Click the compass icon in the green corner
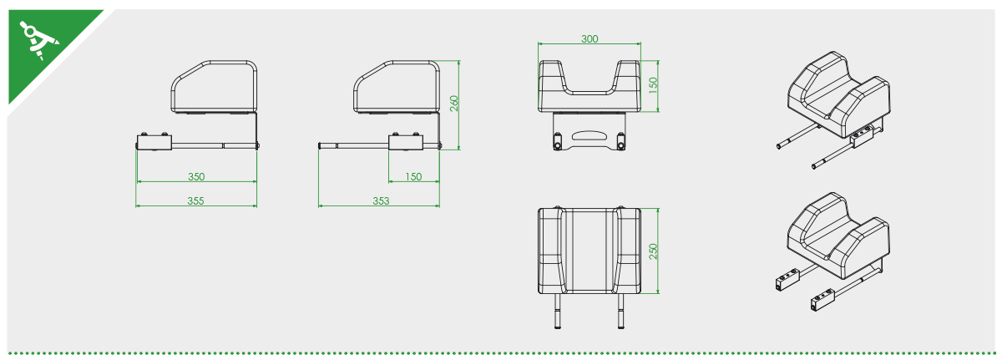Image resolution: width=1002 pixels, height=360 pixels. click(x=36, y=38)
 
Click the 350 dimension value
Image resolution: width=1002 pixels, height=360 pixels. click(x=196, y=176)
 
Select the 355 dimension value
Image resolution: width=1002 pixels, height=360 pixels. click(x=196, y=200)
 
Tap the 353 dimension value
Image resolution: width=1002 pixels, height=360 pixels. click(x=380, y=200)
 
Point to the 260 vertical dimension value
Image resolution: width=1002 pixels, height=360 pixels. click(x=454, y=104)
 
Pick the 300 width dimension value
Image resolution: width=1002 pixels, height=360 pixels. click(x=590, y=39)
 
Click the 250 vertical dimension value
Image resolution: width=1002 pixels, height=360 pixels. click(x=654, y=251)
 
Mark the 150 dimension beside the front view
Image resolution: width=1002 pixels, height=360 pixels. click(x=654, y=85)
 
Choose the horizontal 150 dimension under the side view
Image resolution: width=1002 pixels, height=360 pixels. click(x=413, y=176)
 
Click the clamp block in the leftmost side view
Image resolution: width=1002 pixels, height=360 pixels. click(x=154, y=143)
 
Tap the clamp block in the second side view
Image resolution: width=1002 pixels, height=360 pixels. click(x=405, y=143)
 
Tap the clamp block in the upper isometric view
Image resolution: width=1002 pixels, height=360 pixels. click(x=863, y=134)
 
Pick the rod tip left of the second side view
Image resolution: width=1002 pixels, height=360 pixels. click(x=322, y=146)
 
